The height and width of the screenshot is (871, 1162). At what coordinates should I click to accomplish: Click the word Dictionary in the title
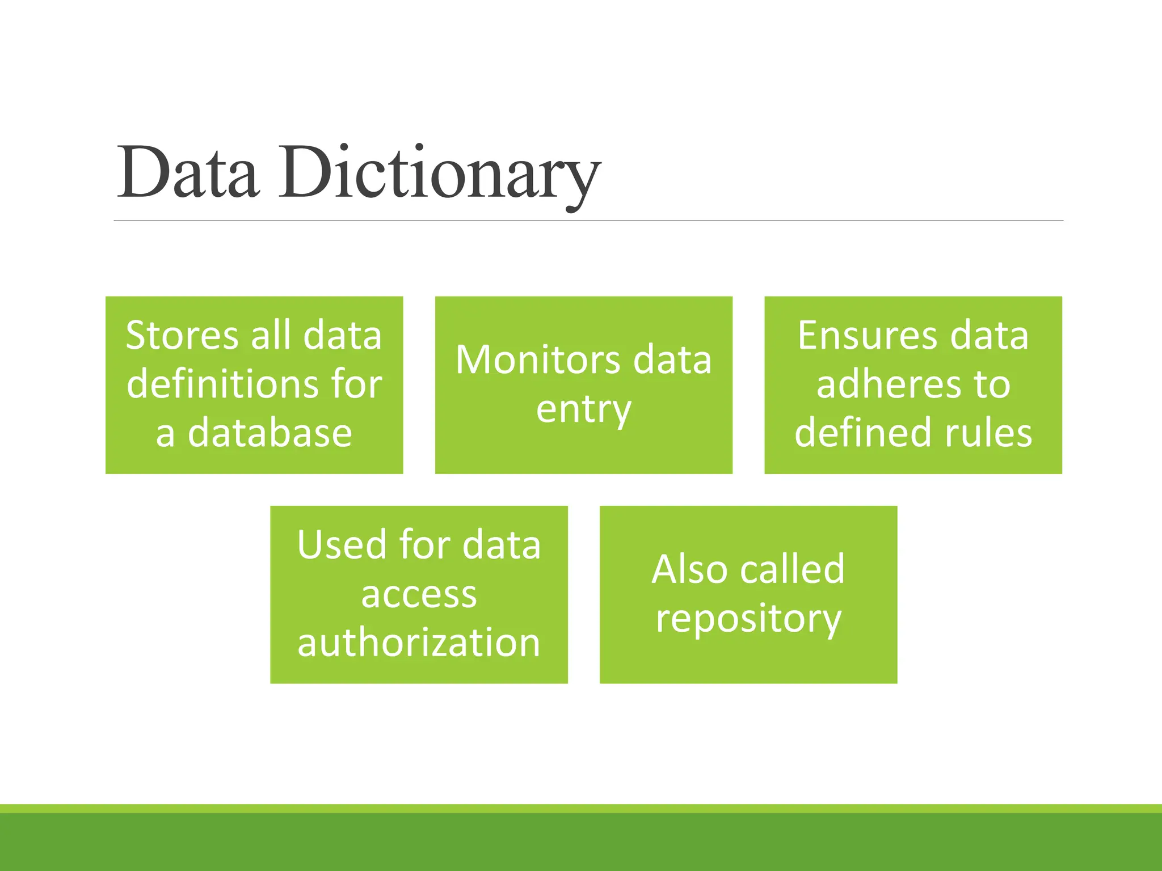pos(439,173)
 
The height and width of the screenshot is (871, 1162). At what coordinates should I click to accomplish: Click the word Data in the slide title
pos(188,173)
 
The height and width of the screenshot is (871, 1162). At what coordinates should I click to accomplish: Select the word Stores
pos(182,335)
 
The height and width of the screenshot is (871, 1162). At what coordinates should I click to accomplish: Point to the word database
pos(270,433)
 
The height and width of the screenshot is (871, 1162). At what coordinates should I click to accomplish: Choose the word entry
pos(583,409)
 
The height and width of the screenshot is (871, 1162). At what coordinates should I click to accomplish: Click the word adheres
pos(889,384)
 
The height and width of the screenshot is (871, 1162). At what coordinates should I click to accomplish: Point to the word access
pos(419,594)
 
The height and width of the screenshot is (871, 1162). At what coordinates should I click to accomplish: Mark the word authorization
pos(419,643)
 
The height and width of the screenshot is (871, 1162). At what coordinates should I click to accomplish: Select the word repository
pos(748,619)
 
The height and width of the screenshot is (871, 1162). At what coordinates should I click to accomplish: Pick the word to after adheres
pos(992,384)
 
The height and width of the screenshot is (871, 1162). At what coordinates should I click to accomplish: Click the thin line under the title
pos(588,221)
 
